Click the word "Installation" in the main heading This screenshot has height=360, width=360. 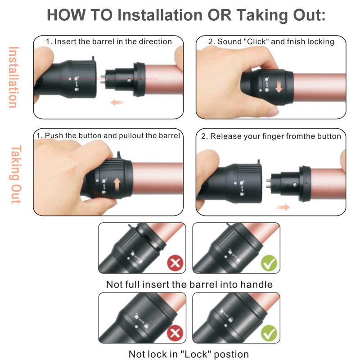pyautogui.click(x=160, y=15)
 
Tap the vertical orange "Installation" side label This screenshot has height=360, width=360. pyautogui.click(x=13, y=77)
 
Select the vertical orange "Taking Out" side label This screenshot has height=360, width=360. pyautogui.click(x=16, y=174)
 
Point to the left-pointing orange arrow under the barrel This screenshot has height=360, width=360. pyautogui.click(x=117, y=102)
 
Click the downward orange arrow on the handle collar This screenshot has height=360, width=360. pyautogui.click(x=279, y=87)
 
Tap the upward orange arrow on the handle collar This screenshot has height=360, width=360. pyautogui.click(x=117, y=185)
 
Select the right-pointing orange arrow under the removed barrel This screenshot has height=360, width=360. pyautogui.click(x=283, y=207)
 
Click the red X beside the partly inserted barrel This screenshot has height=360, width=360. pyautogui.click(x=175, y=263)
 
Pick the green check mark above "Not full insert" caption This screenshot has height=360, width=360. pyautogui.click(x=269, y=263)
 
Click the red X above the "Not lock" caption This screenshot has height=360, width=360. pyautogui.click(x=175, y=333)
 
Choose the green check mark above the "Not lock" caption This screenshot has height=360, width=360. pyautogui.click(x=269, y=333)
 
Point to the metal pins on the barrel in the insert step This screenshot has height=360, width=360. pyautogui.click(x=103, y=79)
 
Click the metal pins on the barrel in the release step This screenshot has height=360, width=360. pyautogui.click(x=268, y=184)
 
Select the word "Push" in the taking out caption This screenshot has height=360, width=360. pyautogui.click(x=54, y=136)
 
